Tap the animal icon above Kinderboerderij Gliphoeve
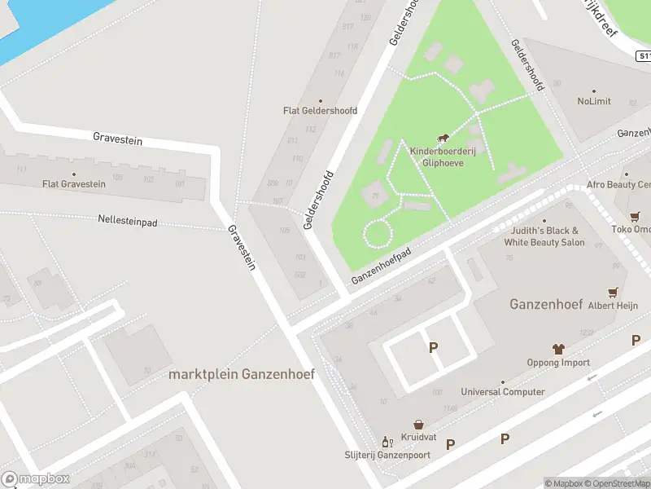pyautogui.click(x=443, y=139)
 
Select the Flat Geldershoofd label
pyautogui.click(x=320, y=110)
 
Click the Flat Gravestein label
pyautogui.click(x=74, y=184)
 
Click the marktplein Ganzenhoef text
pyautogui.click(x=242, y=374)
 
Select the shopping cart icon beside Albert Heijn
pyautogui.click(x=613, y=291)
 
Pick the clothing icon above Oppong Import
pyautogui.click(x=558, y=348)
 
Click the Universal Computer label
pyautogui.click(x=502, y=392)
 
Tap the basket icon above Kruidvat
pyautogui.click(x=418, y=425)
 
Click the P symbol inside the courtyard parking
pyautogui.click(x=433, y=348)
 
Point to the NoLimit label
pyautogui.click(x=593, y=102)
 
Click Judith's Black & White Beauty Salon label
pyautogui.click(x=544, y=237)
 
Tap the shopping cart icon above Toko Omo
pyautogui.click(x=635, y=216)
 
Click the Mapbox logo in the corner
pyautogui.click(x=35, y=479)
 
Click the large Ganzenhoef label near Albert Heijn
pyautogui.click(x=545, y=305)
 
